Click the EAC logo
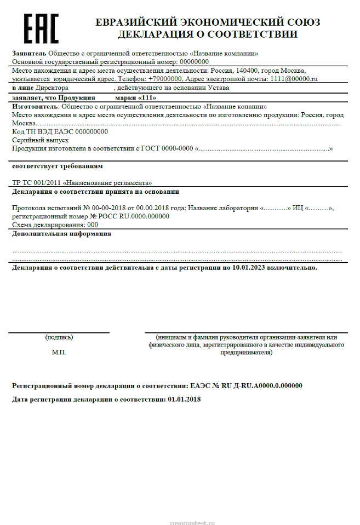click(41, 28)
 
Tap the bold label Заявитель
click(29, 53)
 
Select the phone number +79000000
click(165, 79)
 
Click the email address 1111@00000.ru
click(293, 79)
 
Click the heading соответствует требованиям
click(57, 166)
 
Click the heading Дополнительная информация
click(61, 234)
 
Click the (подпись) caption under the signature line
click(59, 337)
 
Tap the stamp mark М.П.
click(59, 352)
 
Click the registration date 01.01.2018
click(184, 399)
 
